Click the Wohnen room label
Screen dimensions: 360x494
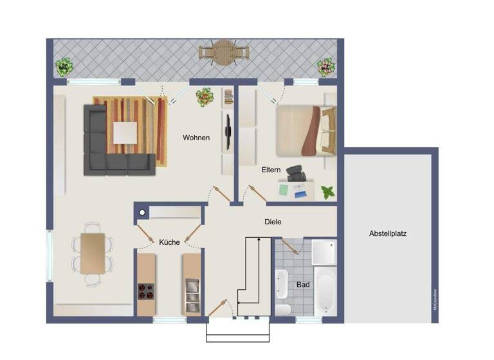196,138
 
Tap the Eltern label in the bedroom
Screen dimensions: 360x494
271,171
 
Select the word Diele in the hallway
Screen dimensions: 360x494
273,222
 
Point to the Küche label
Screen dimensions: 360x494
169,242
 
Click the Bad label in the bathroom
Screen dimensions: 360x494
303,283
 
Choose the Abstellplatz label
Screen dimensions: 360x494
388,233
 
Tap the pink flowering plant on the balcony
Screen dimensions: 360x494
326,66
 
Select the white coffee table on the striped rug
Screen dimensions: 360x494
125,133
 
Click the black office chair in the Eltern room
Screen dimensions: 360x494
296,174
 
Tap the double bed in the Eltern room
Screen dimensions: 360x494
306,130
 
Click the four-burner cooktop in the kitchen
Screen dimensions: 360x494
145,292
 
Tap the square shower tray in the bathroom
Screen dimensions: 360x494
324,252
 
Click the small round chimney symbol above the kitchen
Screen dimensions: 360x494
142,212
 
